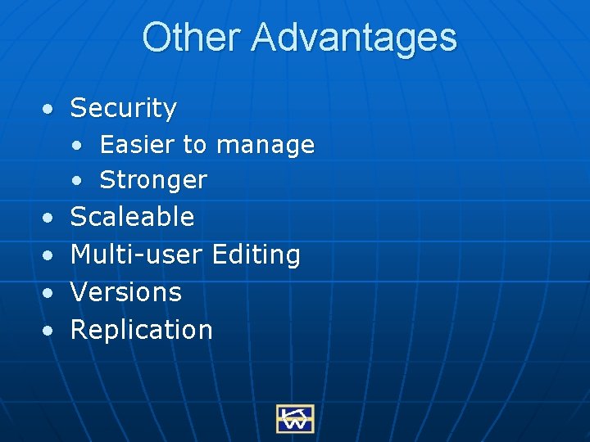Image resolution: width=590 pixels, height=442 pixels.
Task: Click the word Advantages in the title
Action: [354, 38]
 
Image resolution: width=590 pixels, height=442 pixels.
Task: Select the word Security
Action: [124, 107]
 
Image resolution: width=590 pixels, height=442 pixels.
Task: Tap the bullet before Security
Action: [51, 108]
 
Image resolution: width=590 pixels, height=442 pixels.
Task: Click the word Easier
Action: [137, 145]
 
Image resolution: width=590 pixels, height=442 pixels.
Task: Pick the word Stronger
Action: [153, 180]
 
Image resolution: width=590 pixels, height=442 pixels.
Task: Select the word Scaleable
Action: [133, 217]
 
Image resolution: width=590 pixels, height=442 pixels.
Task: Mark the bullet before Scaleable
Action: [51, 218]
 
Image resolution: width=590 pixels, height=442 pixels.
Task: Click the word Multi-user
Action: [136, 255]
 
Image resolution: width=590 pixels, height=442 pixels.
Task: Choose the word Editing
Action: [256, 255]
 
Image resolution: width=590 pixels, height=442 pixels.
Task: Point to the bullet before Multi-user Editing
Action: [51, 255]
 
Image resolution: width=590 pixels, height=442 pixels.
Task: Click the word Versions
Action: [126, 292]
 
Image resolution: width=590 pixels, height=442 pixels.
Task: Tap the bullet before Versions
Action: [51, 293]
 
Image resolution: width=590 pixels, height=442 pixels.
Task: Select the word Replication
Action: [142, 330]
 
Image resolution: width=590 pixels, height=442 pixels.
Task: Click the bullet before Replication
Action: [51, 331]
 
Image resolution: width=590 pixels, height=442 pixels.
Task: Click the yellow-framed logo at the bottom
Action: [295, 418]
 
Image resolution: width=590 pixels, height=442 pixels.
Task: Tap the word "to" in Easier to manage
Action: [195, 145]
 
